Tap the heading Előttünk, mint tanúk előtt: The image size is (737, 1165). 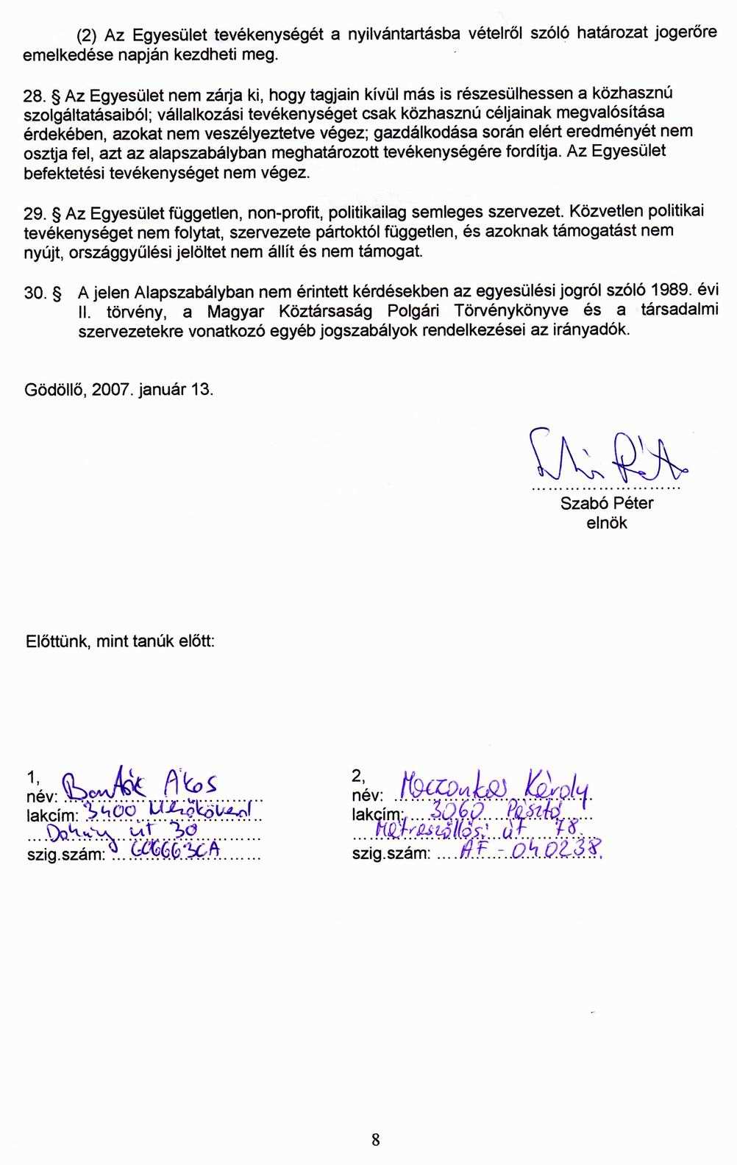point(120,641)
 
